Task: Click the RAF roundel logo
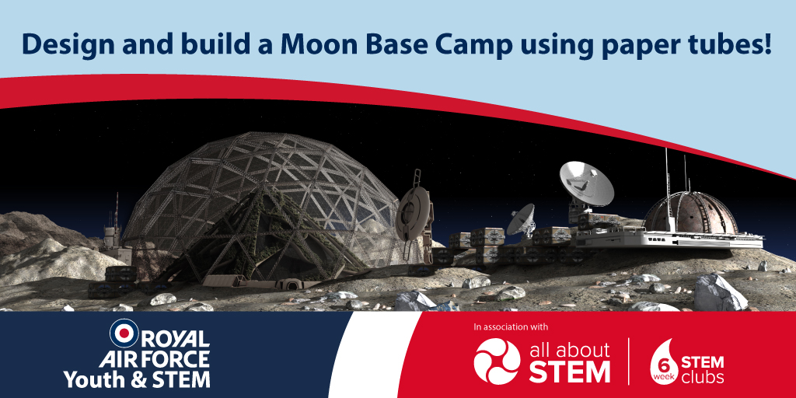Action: pos(124,333)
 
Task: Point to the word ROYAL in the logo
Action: pos(175,339)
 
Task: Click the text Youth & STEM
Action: pos(137,379)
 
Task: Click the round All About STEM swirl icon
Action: pos(497,361)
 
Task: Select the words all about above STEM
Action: pos(569,351)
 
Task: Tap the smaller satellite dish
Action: pos(522,219)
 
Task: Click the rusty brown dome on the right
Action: pos(690,213)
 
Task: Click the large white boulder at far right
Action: pos(721,292)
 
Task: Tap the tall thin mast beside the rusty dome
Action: pos(666,188)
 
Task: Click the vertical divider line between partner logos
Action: pos(629,361)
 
